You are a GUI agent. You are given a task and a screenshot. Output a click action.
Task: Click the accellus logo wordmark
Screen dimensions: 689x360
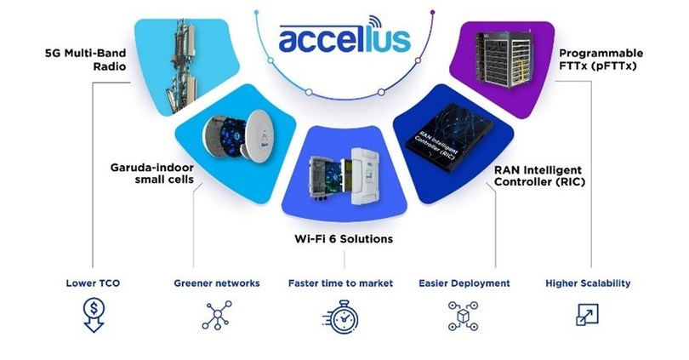344,39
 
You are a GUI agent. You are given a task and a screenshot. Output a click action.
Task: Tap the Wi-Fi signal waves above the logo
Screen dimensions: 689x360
375,22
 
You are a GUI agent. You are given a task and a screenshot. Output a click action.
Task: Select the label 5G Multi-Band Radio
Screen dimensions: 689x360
85,60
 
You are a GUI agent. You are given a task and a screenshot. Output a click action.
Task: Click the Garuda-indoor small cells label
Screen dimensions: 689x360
152,174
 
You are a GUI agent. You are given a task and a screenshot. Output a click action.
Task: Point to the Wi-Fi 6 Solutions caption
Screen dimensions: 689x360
344,239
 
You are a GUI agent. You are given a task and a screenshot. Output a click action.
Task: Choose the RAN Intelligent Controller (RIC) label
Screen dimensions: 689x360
539,176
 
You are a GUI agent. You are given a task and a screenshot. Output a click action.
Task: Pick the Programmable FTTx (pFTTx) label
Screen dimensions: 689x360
601,60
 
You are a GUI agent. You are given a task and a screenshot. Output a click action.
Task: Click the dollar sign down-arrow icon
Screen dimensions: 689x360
94,315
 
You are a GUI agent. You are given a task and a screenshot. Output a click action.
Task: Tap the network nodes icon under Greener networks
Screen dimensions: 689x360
217,315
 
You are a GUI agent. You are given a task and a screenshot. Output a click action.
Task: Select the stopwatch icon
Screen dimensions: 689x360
341,317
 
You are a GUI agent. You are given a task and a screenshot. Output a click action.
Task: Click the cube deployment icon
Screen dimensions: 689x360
463,316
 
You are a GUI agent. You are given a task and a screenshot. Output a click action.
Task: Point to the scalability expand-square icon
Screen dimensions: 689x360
588,315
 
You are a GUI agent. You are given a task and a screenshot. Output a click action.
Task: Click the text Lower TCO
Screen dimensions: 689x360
93,283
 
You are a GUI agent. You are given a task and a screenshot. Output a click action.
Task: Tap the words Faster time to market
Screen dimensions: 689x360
340,283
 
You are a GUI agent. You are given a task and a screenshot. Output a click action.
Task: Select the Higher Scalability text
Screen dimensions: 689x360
588,283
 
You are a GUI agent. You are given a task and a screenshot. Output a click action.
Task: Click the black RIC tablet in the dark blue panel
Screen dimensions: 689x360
448,137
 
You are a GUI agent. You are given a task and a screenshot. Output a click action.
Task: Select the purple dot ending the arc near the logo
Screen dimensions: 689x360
432,12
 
